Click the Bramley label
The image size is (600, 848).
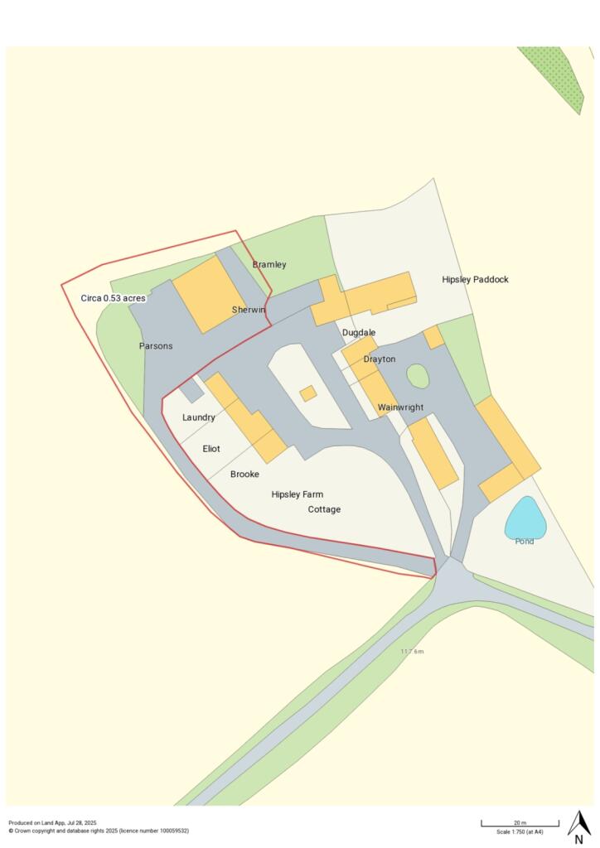(x=269, y=265)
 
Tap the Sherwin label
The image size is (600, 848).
(x=249, y=310)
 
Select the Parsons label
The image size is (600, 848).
(x=156, y=346)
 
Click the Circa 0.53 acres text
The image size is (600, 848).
(x=113, y=298)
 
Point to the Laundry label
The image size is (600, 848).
(x=199, y=417)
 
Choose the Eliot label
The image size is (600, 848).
(x=211, y=449)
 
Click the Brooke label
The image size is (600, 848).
(x=244, y=475)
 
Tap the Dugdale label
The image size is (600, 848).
(x=359, y=333)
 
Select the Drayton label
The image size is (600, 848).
(x=379, y=359)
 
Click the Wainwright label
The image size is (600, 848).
(x=400, y=407)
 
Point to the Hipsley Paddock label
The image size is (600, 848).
(x=475, y=280)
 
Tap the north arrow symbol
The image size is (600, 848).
(x=578, y=825)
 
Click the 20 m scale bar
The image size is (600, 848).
(x=520, y=823)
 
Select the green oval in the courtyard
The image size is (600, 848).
(x=418, y=377)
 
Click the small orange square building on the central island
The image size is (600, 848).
(x=307, y=393)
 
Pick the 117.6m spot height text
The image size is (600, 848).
(x=412, y=652)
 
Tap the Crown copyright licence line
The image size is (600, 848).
(x=99, y=830)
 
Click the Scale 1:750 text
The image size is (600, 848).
(x=520, y=831)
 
